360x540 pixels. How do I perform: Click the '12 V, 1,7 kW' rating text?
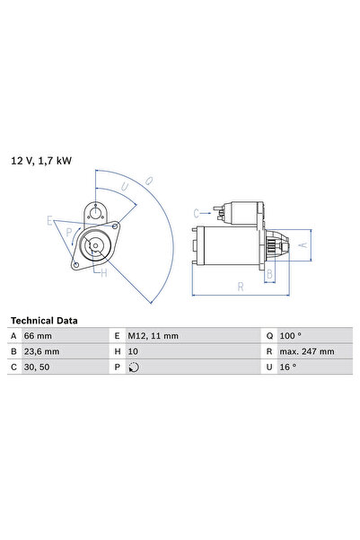(x=41, y=161)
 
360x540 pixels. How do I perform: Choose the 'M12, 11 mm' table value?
(x=155, y=336)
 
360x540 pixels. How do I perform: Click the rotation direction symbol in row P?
(x=135, y=367)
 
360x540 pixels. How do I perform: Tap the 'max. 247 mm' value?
(x=305, y=351)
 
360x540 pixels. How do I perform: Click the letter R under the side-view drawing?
(x=240, y=288)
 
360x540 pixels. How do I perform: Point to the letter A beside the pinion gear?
(x=303, y=243)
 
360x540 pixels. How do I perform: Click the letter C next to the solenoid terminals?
(x=196, y=213)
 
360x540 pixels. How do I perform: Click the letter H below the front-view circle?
(x=103, y=273)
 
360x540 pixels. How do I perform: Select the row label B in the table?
(x=13, y=351)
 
